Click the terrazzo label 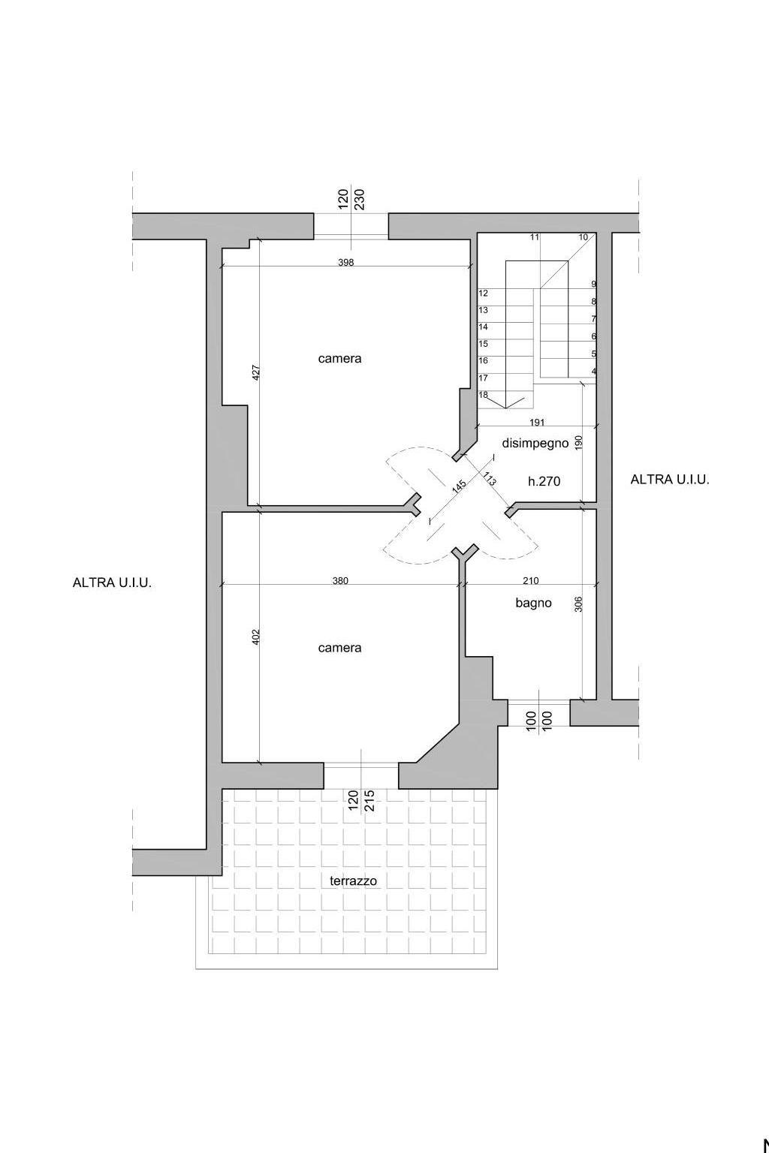(x=354, y=881)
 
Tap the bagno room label (x=534, y=603)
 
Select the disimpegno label (x=535, y=443)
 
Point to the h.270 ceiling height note (x=544, y=481)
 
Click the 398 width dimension (x=346, y=263)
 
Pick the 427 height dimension (x=256, y=372)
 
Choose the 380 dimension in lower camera (x=340, y=580)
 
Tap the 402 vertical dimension (x=256, y=637)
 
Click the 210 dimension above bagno (x=530, y=580)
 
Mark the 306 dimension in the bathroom (x=578, y=604)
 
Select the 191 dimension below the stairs (x=537, y=423)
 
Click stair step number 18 (x=483, y=395)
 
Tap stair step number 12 (x=483, y=294)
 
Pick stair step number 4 (x=594, y=371)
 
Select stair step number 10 (x=583, y=237)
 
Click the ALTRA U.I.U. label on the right (x=670, y=480)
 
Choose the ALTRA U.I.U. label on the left (x=112, y=583)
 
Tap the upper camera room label (x=339, y=359)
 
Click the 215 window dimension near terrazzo (x=369, y=800)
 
